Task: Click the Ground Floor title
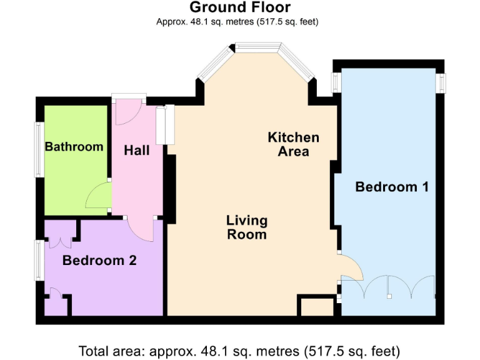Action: click(239, 8)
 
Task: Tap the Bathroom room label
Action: click(74, 147)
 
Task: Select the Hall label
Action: click(136, 151)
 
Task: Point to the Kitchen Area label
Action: click(293, 144)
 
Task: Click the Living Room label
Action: click(246, 227)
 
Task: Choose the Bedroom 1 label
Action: click(392, 186)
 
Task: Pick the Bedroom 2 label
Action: click(99, 261)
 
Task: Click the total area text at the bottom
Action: click(239, 350)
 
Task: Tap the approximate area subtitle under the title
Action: click(239, 22)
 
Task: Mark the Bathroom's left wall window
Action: click(37, 149)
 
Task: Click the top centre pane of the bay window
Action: click(257, 47)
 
